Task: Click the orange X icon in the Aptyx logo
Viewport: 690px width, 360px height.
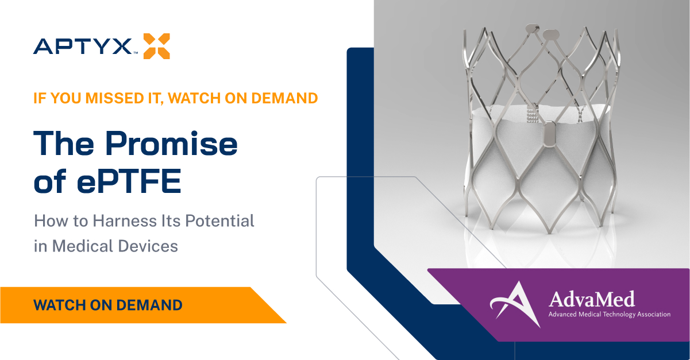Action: click(x=157, y=46)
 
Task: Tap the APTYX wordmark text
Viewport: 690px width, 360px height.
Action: click(x=83, y=47)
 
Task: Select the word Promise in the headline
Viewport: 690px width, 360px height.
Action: click(x=171, y=143)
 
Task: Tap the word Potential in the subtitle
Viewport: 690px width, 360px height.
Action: click(x=219, y=221)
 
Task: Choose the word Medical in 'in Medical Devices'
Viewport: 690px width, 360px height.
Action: click(x=83, y=246)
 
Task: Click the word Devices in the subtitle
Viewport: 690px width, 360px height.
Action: click(x=148, y=246)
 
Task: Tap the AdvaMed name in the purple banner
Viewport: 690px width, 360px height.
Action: click(x=592, y=299)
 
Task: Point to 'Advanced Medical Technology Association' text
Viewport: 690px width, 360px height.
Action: click(x=610, y=315)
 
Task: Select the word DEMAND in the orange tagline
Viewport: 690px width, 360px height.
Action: click(x=284, y=98)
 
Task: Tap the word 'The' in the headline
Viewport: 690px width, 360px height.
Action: click(x=64, y=143)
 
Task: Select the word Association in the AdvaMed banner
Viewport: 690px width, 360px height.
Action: click(x=654, y=315)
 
